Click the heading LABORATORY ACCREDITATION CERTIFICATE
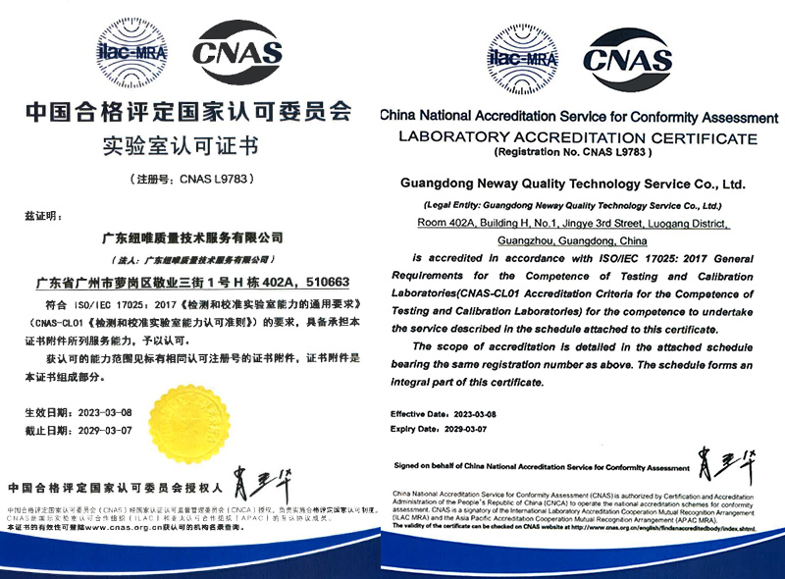click(x=578, y=136)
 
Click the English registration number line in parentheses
click(x=573, y=153)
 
